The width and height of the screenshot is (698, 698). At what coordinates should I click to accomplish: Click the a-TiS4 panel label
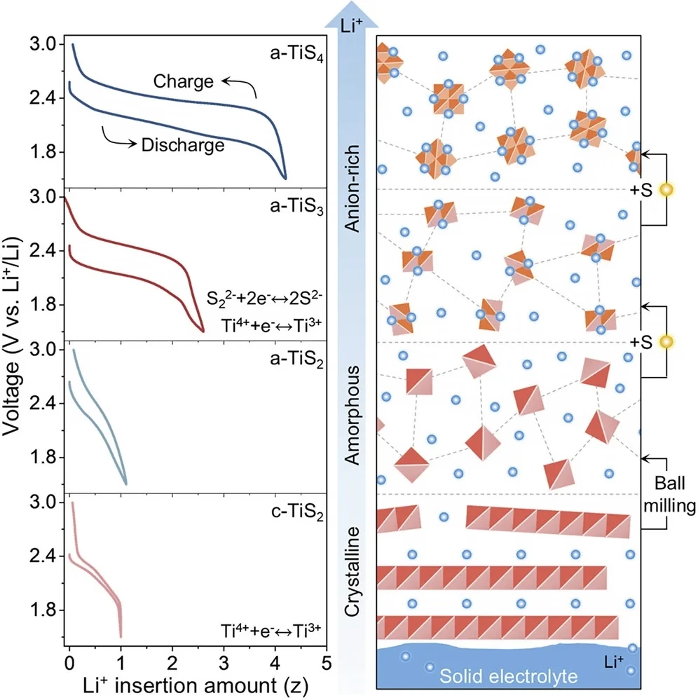[x=296, y=55]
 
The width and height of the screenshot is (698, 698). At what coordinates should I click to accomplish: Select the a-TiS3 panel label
[x=296, y=207]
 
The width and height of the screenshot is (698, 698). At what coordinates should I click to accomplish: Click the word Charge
[x=184, y=81]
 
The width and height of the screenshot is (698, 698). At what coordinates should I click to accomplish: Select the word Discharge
[x=183, y=145]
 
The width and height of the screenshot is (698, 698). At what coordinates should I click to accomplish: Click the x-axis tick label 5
[x=327, y=663]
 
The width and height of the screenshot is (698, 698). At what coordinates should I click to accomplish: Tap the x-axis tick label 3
[x=224, y=663]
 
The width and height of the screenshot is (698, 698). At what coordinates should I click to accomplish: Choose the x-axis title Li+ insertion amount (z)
[x=196, y=685]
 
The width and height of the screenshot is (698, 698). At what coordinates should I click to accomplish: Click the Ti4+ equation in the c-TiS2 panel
[x=271, y=631]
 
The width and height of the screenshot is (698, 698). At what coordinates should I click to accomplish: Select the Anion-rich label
[x=353, y=189]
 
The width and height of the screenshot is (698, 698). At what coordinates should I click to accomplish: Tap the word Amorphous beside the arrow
[x=353, y=416]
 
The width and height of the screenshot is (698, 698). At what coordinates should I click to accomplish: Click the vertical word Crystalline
[x=353, y=572]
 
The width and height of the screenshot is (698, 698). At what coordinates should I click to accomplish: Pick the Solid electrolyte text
[x=508, y=676]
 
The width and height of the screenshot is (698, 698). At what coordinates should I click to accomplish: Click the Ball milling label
[x=669, y=495]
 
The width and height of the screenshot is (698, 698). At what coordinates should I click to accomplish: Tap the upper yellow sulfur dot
[x=666, y=190]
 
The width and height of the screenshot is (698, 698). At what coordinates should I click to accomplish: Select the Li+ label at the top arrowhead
[x=351, y=26]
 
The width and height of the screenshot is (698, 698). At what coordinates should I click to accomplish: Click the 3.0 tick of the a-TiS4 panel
[x=43, y=45]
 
